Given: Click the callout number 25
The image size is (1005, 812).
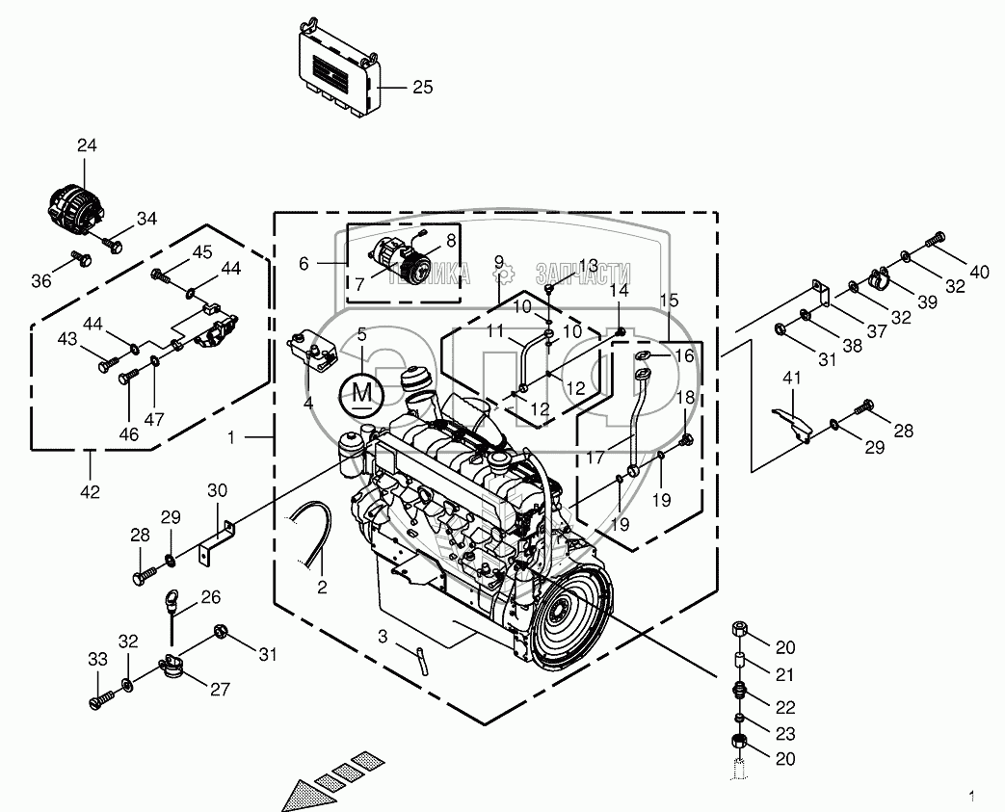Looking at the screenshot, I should [x=423, y=88].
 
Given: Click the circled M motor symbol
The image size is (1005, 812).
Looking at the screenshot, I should [x=361, y=391].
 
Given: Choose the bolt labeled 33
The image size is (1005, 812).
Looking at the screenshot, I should [x=99, y=700].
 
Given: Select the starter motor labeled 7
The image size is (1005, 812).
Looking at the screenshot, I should [x=395, y=256].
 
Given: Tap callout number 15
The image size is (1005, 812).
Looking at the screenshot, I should [x=670, y=301].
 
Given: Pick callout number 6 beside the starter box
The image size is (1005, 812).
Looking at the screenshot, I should [x=304, y=264].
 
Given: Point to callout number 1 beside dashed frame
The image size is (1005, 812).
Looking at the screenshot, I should [x=232, y=436].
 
